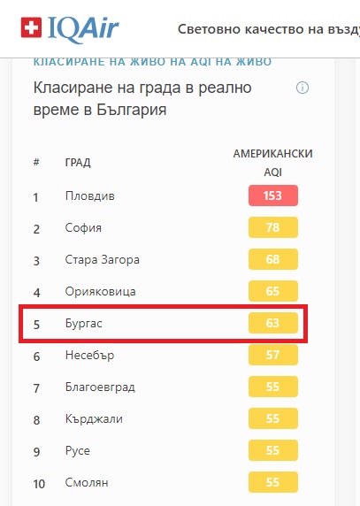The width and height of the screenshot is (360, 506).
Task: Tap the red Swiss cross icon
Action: pyautogui.click(x=31, y=27)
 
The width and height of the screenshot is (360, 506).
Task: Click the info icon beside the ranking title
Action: pyautogui.click(x=303, y=88)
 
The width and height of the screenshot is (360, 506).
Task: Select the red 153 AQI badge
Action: pyautogui.click(x=273, y=195)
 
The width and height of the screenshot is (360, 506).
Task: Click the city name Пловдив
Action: pyautogui.click(x=89, y=195)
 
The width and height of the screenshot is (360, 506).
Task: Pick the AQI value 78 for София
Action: pyautogui.click(x=273, y=227)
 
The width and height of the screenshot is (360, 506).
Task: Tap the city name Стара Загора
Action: pyautogui.click(x=103, y=260)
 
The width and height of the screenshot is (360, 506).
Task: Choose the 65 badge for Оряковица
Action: pyautogui.click(x=273, y=291)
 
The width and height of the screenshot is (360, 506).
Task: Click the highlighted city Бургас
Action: pyautogui.click(x=83, y=324)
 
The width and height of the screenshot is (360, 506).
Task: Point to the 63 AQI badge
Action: pyautogui.click(x=273, y=323)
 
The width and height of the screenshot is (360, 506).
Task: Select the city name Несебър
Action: pyautogui.click(x=89, y=355)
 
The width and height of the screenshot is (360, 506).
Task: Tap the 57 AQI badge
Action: pyautogui.click(x=273, y=355)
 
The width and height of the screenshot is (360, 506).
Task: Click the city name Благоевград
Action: pyautogui.click(x=100, y=387)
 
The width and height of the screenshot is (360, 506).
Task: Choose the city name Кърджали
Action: pyautogui.click(x=94, y=419)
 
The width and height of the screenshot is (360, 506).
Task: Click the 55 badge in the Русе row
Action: pyautogui.click(x=273, y=450)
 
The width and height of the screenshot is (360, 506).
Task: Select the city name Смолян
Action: pyautogui.click(x=87, y=482)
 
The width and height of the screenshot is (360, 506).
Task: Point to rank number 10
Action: pyautogui.click(x=39, y=484)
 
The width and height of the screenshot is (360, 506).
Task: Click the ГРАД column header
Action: pyautogui.click(x=78, y=162)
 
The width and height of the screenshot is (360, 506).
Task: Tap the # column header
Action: pyautogui.click(x=36, y=162)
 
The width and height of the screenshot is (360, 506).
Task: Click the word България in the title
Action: pyautogui.click(x=132, y=110)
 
